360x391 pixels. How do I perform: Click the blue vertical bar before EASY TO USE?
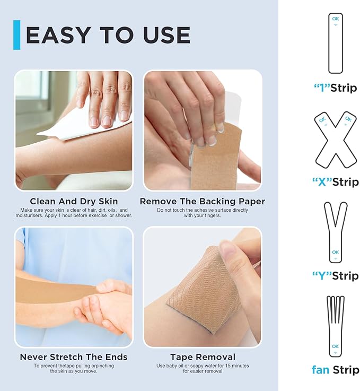pos(16,35)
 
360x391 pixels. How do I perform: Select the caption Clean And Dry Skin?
pos(74,202)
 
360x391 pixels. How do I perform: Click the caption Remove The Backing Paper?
pos(202,202)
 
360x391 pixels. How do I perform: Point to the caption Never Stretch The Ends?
pos(74,357)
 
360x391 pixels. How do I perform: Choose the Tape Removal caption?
pos(203,357)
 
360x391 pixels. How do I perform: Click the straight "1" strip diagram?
pos(335,43)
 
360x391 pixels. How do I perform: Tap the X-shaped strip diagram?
pos(335,138)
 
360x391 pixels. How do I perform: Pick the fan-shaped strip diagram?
pos(335,326)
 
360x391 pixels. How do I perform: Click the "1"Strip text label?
pos(335,88)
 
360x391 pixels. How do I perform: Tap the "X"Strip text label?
pos(335,182)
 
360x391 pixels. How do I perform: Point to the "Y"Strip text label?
pos(335,276)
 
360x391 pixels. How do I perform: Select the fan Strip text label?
pos(335,370)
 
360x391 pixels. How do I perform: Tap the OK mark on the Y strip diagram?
pos(335,252)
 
